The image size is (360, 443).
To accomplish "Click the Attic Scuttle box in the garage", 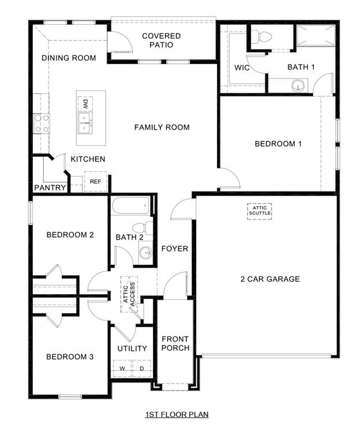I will tap(260, 211).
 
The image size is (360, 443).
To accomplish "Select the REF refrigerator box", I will tap(95, 182).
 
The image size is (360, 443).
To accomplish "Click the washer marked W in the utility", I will tap(122, 368).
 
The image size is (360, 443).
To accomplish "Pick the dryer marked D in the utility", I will tap(141, 368).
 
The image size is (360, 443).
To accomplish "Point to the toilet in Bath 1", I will tap(265, 37).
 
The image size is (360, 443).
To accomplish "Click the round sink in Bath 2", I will tap(145, 252).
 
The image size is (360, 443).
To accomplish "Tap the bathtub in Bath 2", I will tap(133, 207).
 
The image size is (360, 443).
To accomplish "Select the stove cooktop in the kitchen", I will tap(42, 123).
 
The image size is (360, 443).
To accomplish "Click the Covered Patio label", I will tap(161, 40).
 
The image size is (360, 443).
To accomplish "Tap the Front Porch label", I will tap(175, 343).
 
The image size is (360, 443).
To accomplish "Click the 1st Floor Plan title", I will tap(177, 414).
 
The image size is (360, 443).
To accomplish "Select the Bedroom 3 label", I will tap(70, 357).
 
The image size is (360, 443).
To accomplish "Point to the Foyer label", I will tap(174, 249).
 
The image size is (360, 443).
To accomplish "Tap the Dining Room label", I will tap(69, 58).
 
